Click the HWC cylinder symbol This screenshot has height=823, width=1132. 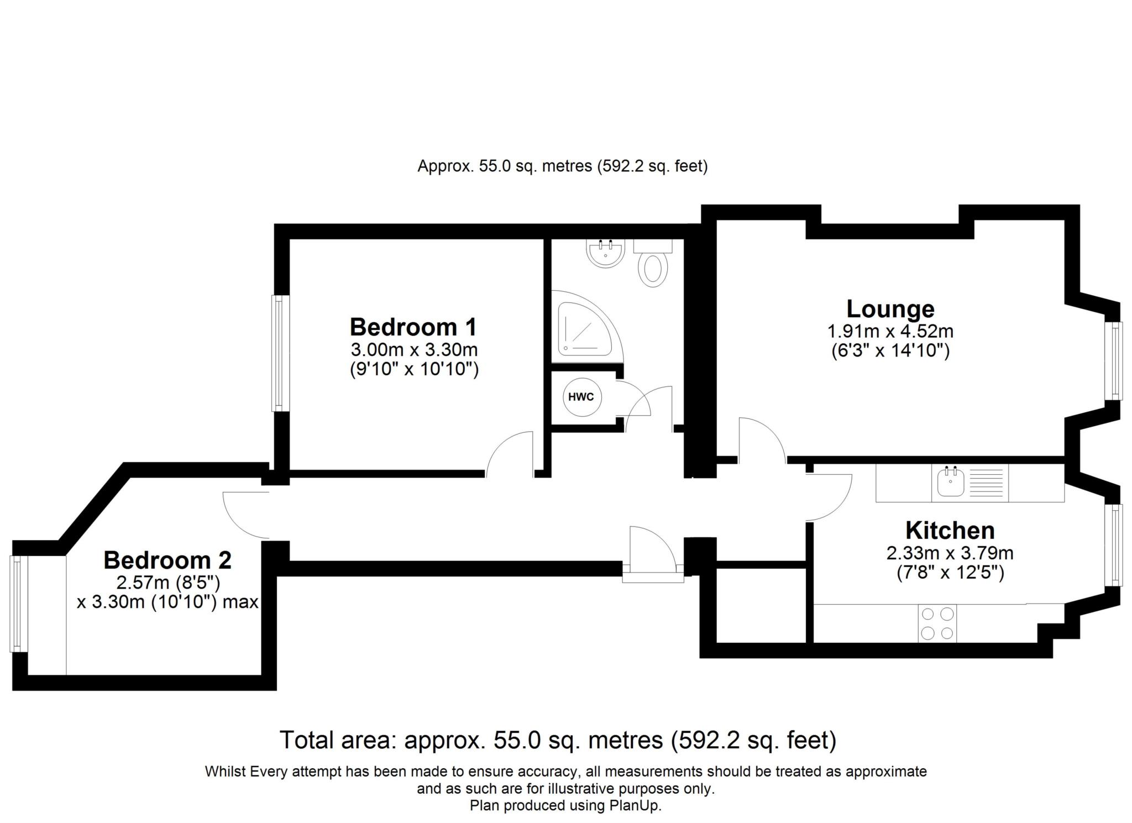click(581, 397)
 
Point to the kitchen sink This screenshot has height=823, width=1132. click(951, 481)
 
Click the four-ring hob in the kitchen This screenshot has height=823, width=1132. click(937, 623)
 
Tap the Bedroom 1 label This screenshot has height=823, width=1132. click(413, 327)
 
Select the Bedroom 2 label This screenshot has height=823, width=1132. click(167, 560)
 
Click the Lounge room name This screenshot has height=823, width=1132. click(890, 308)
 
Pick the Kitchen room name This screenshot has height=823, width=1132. click(950, 531)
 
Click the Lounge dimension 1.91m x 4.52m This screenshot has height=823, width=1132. click(890, 332)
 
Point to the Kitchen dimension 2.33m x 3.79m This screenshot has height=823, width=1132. click(950, 553)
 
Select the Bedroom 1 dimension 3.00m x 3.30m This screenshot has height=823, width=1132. click(414, 350)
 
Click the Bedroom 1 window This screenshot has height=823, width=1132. click(281, 353)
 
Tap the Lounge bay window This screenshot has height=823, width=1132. click(1114, 360)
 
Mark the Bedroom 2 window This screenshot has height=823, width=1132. click(19, 604)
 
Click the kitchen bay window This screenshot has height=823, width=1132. click(1114, 544)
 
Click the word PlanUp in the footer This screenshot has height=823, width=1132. click(635, 806)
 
